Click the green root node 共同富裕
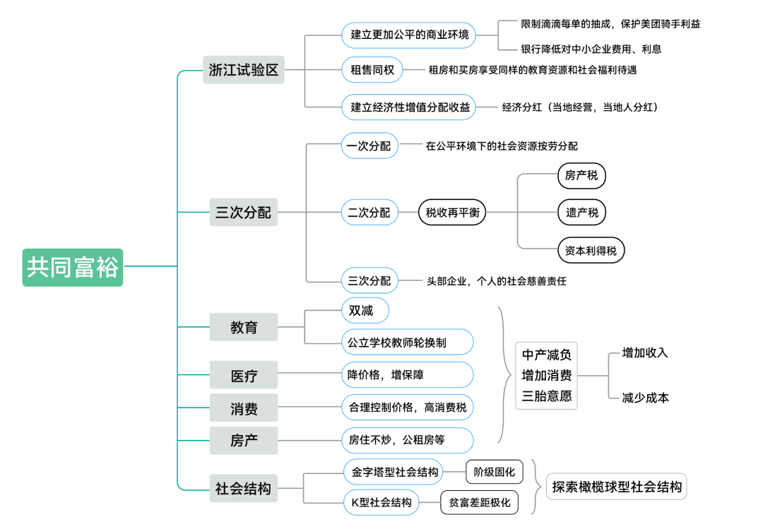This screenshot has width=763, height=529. click(x=72, y=267)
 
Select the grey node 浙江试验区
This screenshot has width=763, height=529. click(x=244, y=70)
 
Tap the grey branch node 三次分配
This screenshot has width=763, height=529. click(x=244, y=212)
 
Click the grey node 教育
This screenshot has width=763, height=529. click(x=244, y=327)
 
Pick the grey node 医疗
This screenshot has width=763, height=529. click(x=244, y=375)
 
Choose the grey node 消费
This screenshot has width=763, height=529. click(x=244, y=408)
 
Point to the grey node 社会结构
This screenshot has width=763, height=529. click(x=244, y=488)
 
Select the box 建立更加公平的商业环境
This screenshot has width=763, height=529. click(x=408, y=34)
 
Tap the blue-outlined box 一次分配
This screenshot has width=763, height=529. click(x=369, y=146)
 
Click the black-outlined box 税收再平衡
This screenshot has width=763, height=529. click(x=452, y=212)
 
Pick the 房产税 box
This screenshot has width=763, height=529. click(x=581, y=175)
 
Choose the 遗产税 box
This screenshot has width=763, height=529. click(x=581, y=212)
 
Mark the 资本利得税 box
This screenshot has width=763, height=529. click(x=591, y=250)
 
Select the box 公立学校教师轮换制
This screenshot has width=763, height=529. click(x=407, y=343)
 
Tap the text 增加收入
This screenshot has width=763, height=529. click(x=644, y=352)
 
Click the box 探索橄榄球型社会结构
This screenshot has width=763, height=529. click(x=617, y=487)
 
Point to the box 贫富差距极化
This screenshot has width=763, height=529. click(x=480, y=503)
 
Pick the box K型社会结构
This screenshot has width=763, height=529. click(x=381, y=503)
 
